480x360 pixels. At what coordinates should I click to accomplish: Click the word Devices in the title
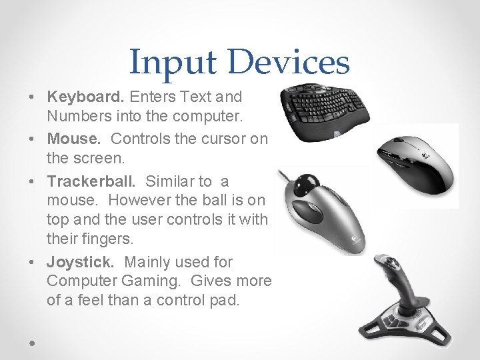(288, 62)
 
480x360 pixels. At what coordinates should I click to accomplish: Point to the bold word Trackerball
(93, 181)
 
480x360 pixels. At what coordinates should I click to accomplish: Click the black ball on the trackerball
(308, 183)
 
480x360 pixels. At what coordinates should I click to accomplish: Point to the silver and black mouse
(413, 163)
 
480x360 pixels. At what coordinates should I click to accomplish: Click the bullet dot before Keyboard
(33, 97)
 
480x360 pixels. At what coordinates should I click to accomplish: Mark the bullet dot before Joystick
(33, 263)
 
